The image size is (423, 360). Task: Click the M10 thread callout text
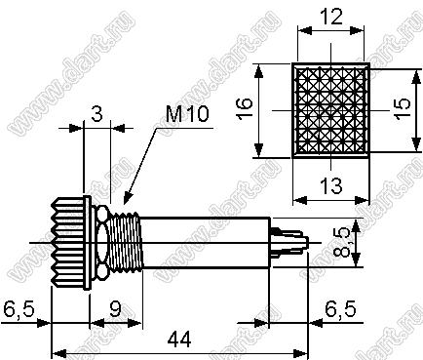187,114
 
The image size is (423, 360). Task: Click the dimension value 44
179,340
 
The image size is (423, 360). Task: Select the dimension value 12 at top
331,18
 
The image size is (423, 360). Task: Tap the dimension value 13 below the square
331,185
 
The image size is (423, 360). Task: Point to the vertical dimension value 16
245,108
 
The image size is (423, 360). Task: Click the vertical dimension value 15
403,108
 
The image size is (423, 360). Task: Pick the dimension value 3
96,114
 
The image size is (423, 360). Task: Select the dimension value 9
115,309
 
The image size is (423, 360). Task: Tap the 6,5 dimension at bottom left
19,309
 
